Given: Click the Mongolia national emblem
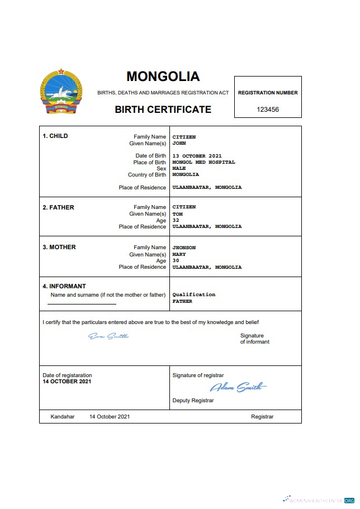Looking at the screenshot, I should pyautogui.click(x=61, y=92).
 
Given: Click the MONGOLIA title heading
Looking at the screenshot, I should pyautogui.click(x=163, y=76).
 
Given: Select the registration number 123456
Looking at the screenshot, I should pyautogui.click(x=268, y=110).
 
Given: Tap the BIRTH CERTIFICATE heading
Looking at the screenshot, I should pyautogui.click(x=163, y=110).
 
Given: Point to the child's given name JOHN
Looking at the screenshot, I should pyautogui.click(x=179, y=144).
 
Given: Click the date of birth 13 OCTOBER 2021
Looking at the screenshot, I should pyautogui.click(x=197, y=156).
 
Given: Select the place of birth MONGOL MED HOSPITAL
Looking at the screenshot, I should pyautogui.click(x=203, y=162).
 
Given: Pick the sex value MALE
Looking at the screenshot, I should pyautogui.click(x=179, y=168).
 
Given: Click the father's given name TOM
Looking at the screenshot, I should pyautogui.click(x=177, y=214).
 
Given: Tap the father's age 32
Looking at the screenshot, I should pyautogui.click(x=176, y=220).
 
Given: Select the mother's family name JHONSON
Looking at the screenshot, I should pyautogui.click(x=184, y=248).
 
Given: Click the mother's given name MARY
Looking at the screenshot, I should pyautogui.click(x=179, y=254).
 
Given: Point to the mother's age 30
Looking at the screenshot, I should pyautogui.click(x=176, y=260).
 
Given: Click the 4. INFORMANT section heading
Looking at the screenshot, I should pyautogui.click(x=64, y=286).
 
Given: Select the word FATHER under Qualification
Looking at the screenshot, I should pyautogui.click(x=182, y=301).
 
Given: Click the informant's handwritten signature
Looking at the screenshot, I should pyautogui.click(x=108, y=336).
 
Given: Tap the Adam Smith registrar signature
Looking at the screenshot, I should pyautogui.click(x=238, y=387).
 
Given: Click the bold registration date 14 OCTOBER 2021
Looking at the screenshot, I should pyautogui.click(x=67, y=382).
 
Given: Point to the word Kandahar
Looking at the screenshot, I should pyautogui.click(x=62, y=417).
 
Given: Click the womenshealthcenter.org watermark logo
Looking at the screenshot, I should pyautogui.click(x=319, y=500).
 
